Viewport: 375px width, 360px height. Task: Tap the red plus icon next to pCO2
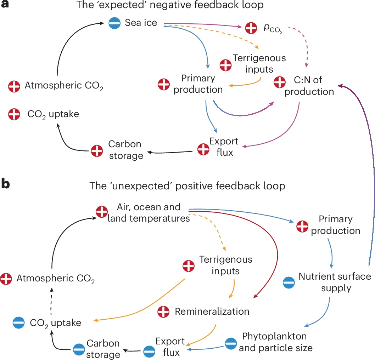(x=251, y=28)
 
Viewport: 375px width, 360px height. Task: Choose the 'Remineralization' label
(x=212, y=312)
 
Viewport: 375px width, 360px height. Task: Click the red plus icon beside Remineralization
(x=163, y=312)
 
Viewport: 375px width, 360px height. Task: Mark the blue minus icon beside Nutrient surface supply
(x=289, y=282)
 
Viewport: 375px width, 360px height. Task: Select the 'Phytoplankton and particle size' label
(x=275, y=342)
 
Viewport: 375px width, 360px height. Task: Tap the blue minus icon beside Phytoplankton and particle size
(x=231, y=342)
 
